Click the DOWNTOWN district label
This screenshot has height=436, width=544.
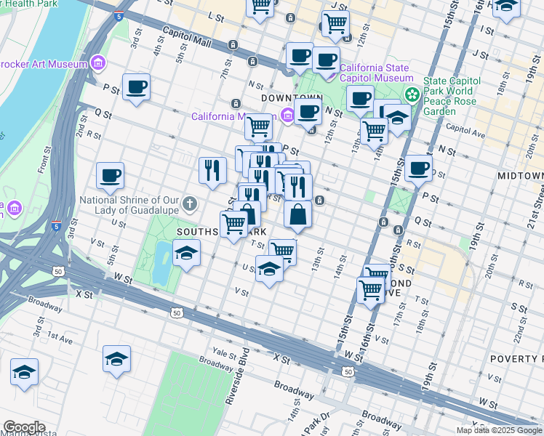pos(292,97)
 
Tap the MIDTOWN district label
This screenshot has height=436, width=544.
pos(520,177)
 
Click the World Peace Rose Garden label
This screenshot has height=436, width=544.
pos(448,97)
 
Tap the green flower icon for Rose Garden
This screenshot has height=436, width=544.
pos(412,94)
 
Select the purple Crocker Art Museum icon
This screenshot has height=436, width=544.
pos(97,64)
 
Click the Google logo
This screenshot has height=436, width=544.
pos(24,427)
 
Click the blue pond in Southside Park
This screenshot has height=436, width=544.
pos(161,261)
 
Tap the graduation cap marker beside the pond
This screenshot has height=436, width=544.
pos(187,255)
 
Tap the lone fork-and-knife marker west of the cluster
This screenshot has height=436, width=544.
pos(212,169)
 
